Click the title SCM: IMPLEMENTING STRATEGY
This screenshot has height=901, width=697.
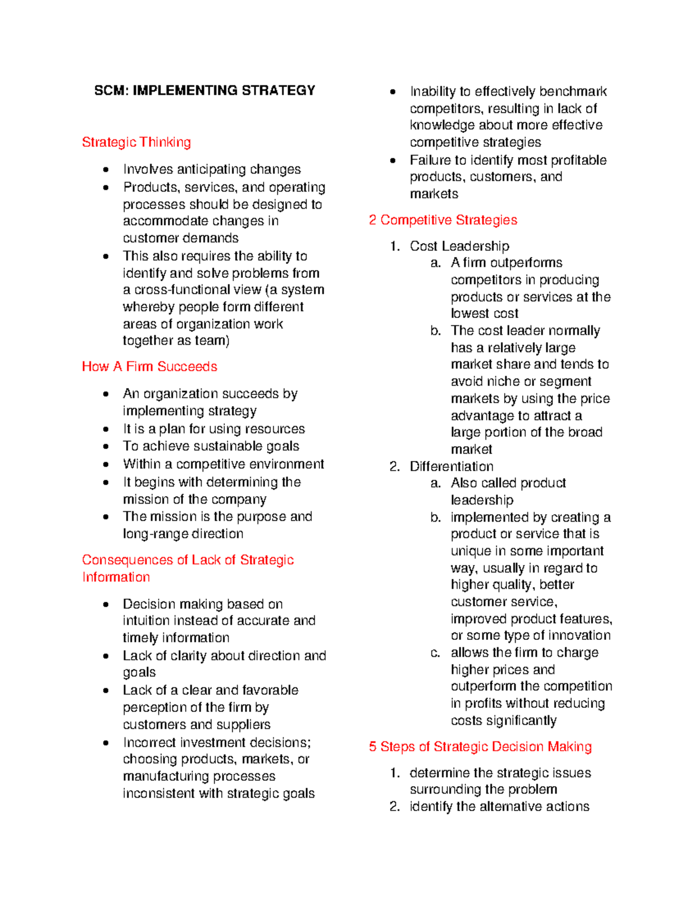point(204,91)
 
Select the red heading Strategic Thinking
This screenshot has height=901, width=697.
point(136,142)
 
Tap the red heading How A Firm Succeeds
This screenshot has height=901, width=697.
point(149,367)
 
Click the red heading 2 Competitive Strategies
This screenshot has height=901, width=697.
point(443,220)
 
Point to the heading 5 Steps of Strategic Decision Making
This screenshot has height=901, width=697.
point(480,747)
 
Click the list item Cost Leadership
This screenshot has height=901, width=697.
point(459,246)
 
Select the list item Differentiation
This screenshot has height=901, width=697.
point(451,466)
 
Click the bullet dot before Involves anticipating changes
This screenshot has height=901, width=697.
point(106,170)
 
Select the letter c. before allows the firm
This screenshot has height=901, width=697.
point(435,653)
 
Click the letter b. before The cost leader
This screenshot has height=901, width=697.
point(436,331)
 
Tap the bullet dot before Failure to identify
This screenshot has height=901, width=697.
point(393,161)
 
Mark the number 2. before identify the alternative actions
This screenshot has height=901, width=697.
point(395,807)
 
